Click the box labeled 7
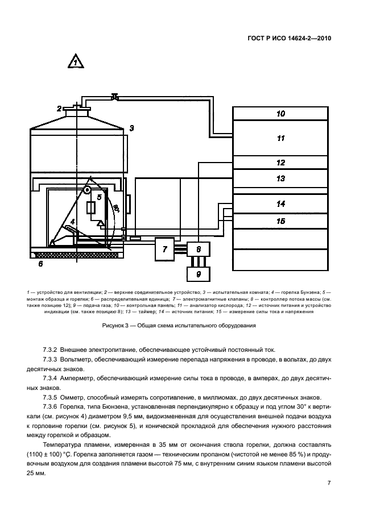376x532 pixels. [165, 249]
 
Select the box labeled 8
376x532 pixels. [199, 249]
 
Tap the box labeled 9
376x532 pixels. [199, 273]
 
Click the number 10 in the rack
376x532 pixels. [280, 114]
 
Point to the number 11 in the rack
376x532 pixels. [280, 138]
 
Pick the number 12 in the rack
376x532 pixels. [280, 163]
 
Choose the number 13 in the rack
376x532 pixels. [280, 178]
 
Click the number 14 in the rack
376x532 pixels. [280, 203]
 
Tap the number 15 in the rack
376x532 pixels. [280, 221]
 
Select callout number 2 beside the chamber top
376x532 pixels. [59, 108]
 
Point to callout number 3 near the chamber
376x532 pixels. [131, 128]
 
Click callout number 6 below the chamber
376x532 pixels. [40, 264]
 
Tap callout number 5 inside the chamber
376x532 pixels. [99, 197]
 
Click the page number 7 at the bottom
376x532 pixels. [329, 483]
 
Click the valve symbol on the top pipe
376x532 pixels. [115, 98]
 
